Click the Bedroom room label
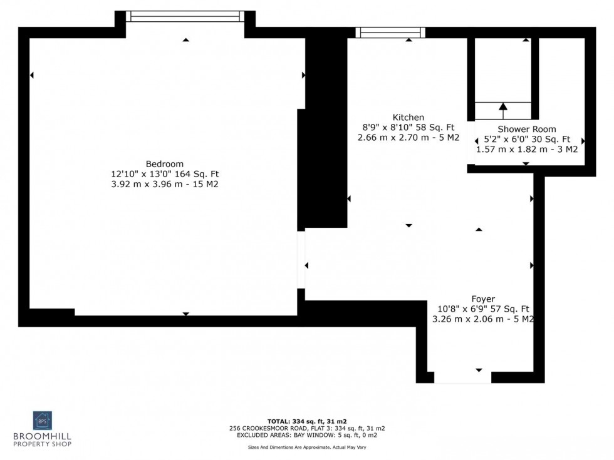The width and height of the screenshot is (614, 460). coord(165,163)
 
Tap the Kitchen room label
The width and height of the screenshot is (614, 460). coord(408,117)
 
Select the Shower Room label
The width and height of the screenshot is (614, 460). coord(527,129)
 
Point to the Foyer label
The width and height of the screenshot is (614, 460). coord(483,299)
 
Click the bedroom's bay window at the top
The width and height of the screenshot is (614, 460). coord(185,16)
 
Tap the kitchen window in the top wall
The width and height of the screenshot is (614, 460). coord(390,33)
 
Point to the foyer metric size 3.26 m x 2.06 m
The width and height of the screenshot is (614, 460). coord(466,319)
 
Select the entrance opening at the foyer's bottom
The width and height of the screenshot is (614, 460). coord(462,377)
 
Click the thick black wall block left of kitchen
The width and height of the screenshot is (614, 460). coord(325,131)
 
